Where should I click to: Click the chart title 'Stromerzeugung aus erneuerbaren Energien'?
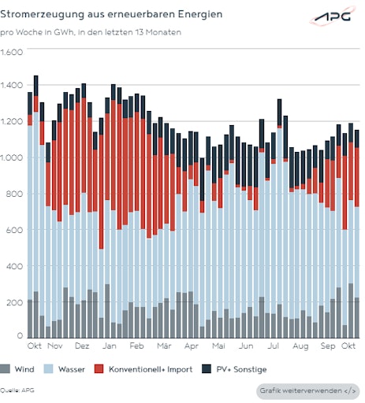111,15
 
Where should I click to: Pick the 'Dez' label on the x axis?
81,346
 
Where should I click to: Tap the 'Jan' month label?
110,346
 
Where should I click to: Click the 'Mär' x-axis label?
164,346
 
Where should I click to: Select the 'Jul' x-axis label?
274,346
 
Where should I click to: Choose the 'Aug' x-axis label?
300,346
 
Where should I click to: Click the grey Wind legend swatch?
7,368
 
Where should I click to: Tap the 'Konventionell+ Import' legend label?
146,368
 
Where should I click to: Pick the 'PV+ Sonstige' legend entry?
236,368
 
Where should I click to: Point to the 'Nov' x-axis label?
54,346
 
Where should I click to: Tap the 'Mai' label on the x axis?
218,346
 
